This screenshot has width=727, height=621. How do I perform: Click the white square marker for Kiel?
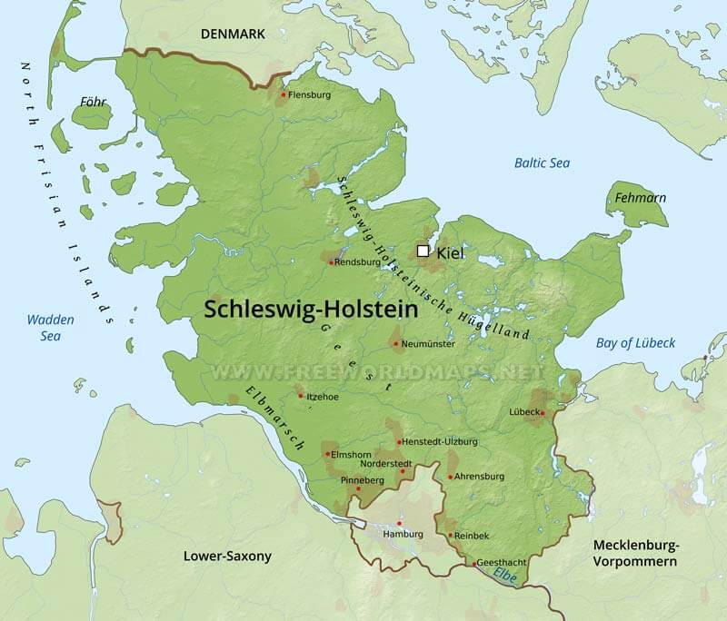pyautogui.click(x=423, y=251)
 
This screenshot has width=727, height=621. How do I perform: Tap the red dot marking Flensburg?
pyautogui.click(x=284, y=94)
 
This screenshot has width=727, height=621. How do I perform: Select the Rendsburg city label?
pyautogui.click(x=357, y=262)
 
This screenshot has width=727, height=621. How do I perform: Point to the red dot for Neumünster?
pyautogui.click(x=394, y=344)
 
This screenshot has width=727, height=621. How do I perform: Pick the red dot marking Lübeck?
pyautogui.click(x=543, y=413)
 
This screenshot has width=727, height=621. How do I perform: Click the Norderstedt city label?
pyautogui.click(x=386, y=463)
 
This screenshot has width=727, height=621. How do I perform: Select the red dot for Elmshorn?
pyautogui.click(x=327, y=454)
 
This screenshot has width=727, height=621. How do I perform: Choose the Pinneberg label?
pyautogui.click(x=363, y=479)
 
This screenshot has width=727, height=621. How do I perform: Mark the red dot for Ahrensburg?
pyautogui.click(x=449, y=477)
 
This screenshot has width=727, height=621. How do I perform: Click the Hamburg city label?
pyautogui.click(x=404, y=534)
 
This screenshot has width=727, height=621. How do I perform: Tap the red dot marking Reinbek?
pyautogui.click(x=450, y=535)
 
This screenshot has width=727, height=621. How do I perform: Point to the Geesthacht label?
pyautogui.click(x=500, y=563)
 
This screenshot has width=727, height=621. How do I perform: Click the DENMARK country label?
pyautogui.click(x=233, y=34)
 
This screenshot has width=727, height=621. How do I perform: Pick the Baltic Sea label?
pyautogui.click(x=542, y=163)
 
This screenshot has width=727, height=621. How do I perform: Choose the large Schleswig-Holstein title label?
pyautogui.click(x=311, y=309)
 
